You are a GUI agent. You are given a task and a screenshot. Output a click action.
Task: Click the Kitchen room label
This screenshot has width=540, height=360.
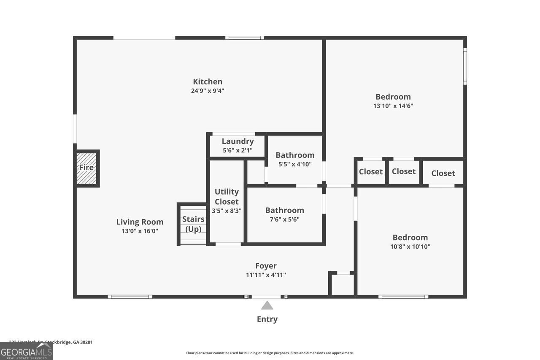[208, 82]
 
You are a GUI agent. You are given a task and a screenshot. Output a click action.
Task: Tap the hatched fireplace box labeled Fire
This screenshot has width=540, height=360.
[86, 168]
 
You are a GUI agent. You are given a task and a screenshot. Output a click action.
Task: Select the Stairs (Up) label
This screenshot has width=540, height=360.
[193, 224]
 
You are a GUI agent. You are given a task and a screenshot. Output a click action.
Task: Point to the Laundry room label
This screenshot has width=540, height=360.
[238, 141]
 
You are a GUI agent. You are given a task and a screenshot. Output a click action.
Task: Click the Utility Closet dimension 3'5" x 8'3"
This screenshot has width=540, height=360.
[227, 211]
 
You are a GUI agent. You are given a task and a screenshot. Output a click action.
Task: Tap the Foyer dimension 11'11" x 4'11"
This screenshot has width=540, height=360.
[266, 275]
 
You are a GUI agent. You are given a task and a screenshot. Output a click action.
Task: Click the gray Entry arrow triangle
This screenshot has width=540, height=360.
[267, 306]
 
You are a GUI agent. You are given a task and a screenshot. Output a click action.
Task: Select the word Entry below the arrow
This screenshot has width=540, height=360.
[267, 319]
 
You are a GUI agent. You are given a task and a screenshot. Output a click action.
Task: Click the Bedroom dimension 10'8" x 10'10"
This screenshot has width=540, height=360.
[410, 246]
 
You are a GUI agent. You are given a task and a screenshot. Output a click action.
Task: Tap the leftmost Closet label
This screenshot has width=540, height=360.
[370, 172]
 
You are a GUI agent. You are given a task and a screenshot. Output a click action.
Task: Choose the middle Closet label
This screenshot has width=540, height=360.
[403, 171]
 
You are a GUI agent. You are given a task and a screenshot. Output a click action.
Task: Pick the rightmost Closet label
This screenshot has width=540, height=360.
[443, 173]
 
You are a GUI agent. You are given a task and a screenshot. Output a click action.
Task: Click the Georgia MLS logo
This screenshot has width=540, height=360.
[26, 352]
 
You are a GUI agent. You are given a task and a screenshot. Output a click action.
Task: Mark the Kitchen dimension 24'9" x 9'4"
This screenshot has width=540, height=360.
[208, 91]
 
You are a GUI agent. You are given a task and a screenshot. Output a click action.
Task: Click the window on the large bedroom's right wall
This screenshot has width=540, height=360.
[465, 66]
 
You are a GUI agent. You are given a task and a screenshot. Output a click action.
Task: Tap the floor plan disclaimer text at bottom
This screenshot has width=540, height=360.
[270, 353]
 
